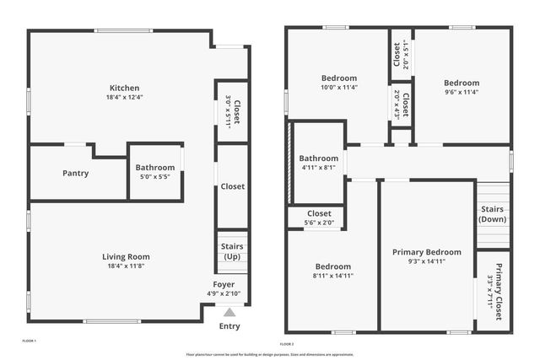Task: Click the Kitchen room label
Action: pyautogui.click(x=124, y=88)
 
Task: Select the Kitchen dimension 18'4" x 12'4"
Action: pyautogui.click(x=124, y=97)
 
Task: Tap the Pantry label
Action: pyautogui.click(x=75, y=173)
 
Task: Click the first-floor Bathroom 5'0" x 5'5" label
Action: pyautogui.click(x=155, y=168)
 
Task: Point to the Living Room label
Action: pyautogui.click(x=126, y=256)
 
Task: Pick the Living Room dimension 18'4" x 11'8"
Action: pyautogui.click(x=126, y=266)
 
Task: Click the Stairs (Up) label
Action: pyautogui.click(x=232, y=250)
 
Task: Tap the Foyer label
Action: pyautogui.click(x=224, y=284)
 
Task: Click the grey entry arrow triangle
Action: pyautogui.click(x=229, y=312)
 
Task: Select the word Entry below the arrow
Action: pyautogui.click(x=229, y=326)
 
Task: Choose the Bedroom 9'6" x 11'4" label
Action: pyautogui.click(x=462, y=83)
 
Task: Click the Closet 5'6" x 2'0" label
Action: pyautogui.click(x=319, y=213)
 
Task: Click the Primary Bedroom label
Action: pyautogui.click(x=427, y=251)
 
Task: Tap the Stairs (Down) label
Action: pyautogui.click(x=493, y=213)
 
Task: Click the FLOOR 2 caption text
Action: pyautogui.click(x=286, y=344)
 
